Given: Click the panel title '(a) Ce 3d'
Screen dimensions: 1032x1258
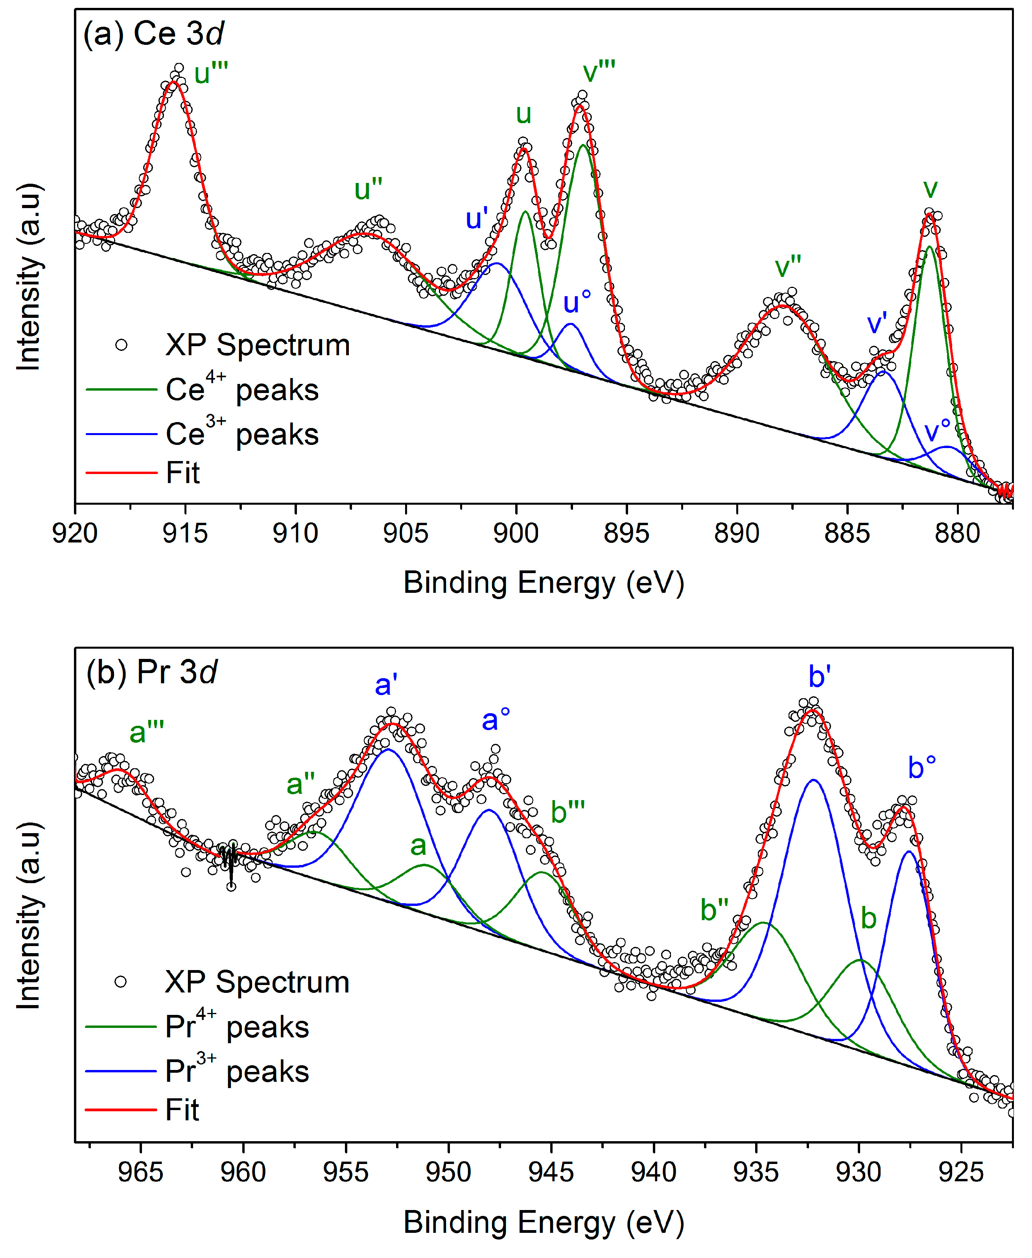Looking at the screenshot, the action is (x=153, y=34).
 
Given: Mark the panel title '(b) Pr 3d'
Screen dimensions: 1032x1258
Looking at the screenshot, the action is (x=151, y=672).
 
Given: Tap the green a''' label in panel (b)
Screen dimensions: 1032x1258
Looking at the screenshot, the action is (x=147, y=732).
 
